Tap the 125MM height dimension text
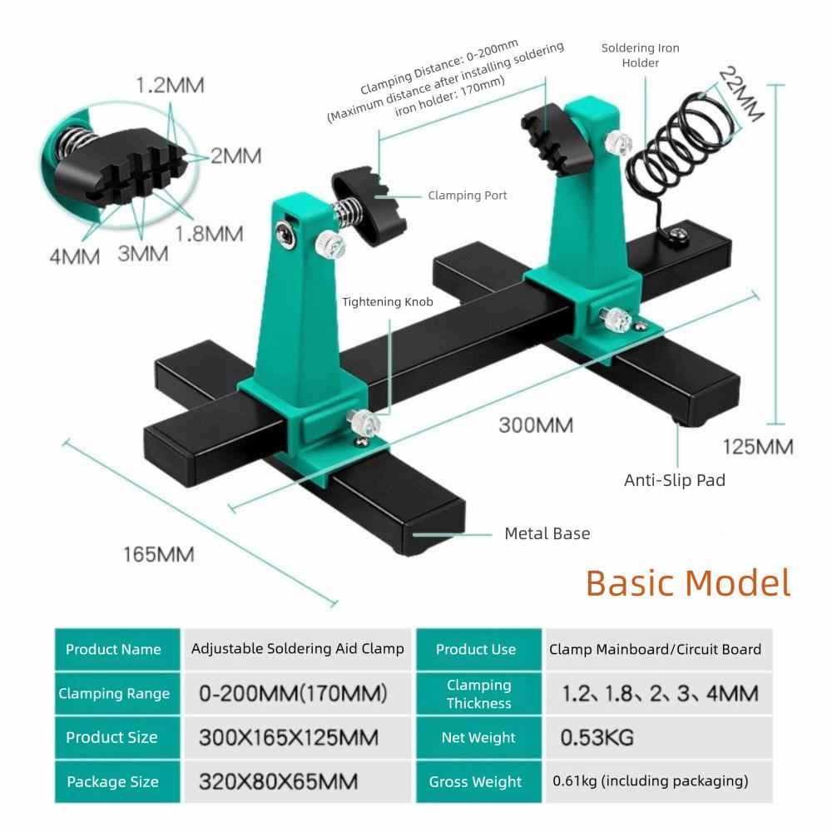(x=758, y=447)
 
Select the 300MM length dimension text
(x=536, y=425)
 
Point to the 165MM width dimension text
(x=159, y=553)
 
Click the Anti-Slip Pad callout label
(x=675, y=480)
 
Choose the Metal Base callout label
(x=547, y=533)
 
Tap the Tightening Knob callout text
(x=388, y=302)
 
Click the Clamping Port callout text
(x=467, y=196)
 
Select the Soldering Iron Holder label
(x=641, y=55)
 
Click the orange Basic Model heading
(x=687, y=583)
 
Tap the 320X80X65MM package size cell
(x=279, y=781)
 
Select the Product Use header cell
(x=476, y=649)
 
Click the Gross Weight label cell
(x=476, y=781)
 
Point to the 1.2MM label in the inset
(x=170, y=85)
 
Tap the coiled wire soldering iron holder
(x=678, y=146)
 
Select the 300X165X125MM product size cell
(x=289, y=737)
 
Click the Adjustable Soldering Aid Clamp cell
(x=297, y=648)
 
